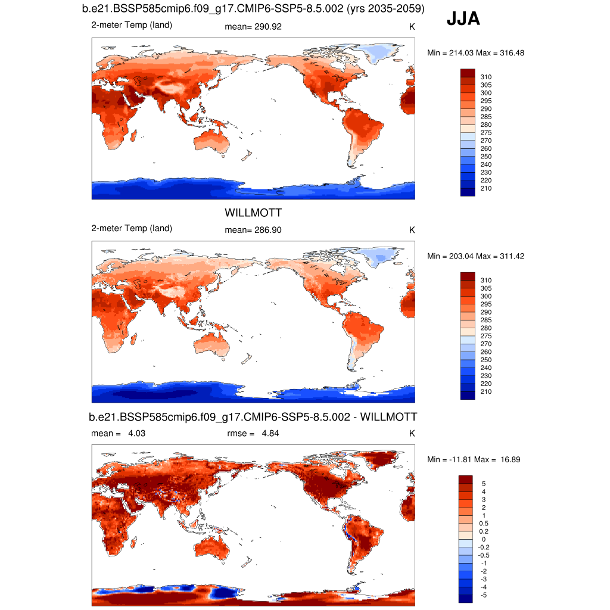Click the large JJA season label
pos(463,20)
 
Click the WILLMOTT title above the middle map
pos(253,213)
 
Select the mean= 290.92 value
pos(253,27)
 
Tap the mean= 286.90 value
pos(253,230)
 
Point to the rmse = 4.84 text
pos(253,433)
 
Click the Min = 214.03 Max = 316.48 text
pos(475,53)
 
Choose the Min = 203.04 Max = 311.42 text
pos(475,256)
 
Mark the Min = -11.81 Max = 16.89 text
pos(475,459)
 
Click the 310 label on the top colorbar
pos(485,77)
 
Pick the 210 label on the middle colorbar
pos(485,391)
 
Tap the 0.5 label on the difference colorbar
pos(484,523)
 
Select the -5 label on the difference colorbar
pos(483,595)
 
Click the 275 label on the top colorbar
pos(485,132)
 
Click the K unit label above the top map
pos(412,27)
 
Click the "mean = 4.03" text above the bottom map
pos(118,433)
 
